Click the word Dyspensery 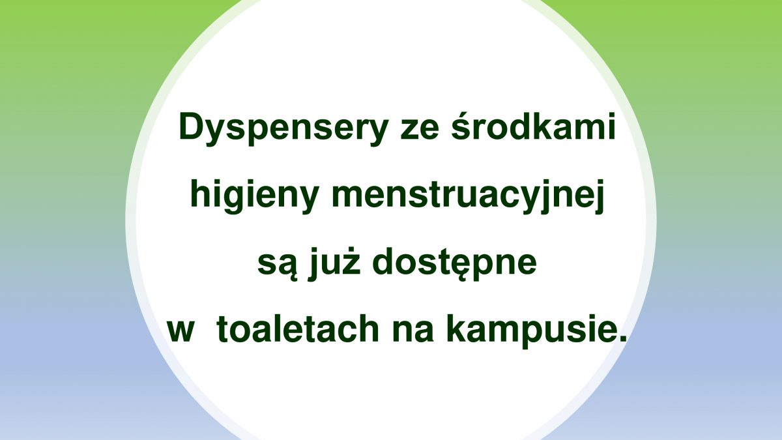(x=283, y=129)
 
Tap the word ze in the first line (x=420, y=130)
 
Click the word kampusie (x=527, y=330)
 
